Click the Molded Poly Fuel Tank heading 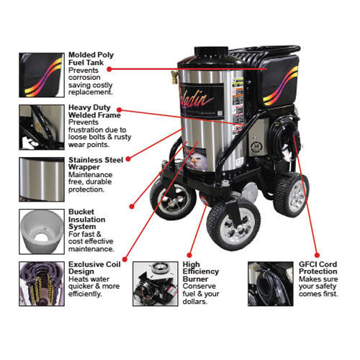point(91,60)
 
